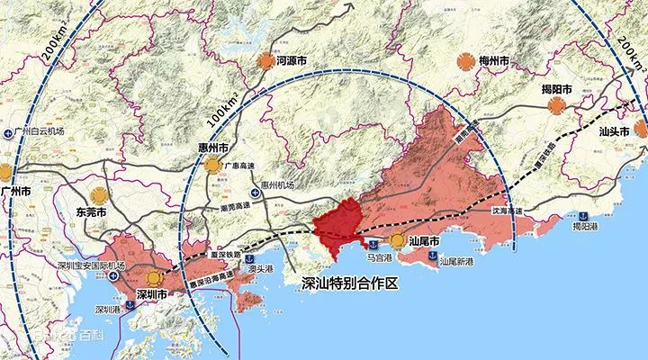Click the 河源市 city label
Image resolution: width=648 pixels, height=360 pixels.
(x=297, y=61)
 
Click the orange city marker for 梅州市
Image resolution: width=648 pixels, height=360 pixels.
(x=463, y=61)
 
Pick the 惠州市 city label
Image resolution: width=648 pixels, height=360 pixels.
(x=213, y=145)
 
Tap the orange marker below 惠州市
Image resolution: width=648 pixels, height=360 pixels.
(x=212, y=165)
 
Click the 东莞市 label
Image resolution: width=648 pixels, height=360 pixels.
(x=92, y=212)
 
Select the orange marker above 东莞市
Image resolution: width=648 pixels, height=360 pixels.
(x=98, y=193)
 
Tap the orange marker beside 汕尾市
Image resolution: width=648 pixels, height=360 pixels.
(x=398, y=240)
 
